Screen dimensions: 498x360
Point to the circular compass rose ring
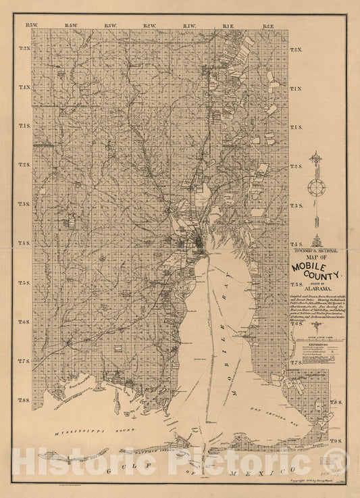(x=315, y=186)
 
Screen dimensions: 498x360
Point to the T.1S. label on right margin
(x=296, y=127)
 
